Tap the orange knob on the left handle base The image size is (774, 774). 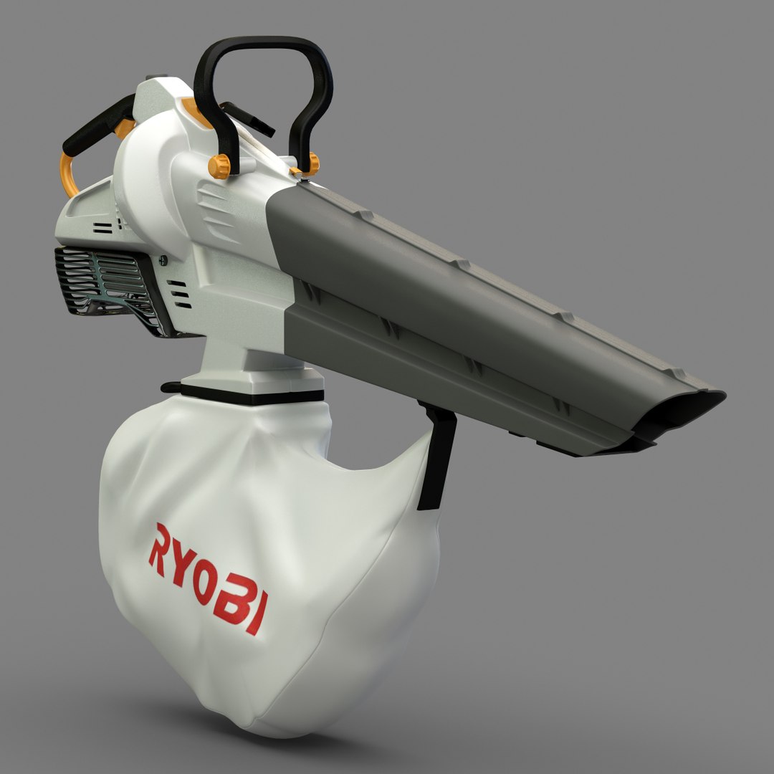click(219, 166)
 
